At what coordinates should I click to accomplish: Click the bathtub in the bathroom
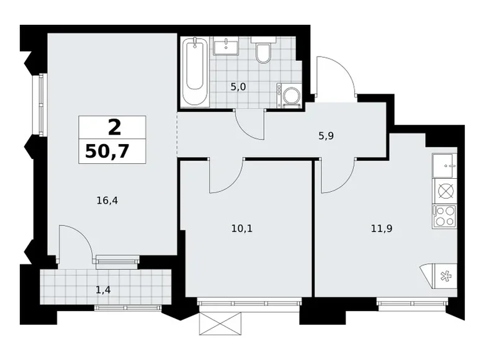195,72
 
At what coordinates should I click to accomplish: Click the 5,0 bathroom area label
238,87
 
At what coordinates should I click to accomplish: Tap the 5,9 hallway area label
326,136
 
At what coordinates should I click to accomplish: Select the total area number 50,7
107,151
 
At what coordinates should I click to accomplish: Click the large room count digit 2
115,128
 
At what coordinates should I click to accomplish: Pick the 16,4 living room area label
107,200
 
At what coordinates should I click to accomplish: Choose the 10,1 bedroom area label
242,228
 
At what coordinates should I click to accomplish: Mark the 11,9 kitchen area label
382,228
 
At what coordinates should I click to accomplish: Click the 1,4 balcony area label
103,290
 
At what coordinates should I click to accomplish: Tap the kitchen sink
444,166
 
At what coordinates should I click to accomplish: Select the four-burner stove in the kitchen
444,217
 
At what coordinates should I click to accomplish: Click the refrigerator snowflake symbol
445,276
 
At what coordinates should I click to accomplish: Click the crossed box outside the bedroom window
220,323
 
